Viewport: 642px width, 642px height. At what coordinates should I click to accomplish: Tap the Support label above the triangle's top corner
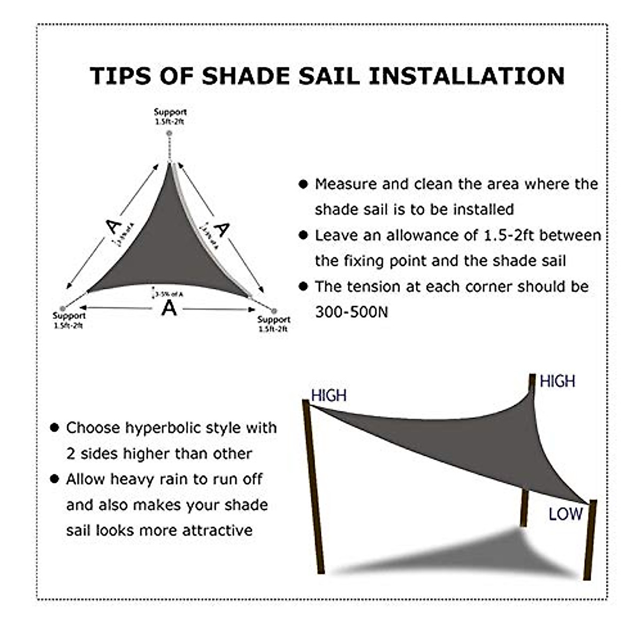tap(170, 112)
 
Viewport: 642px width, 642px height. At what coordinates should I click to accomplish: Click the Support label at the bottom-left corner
tap(69, 316)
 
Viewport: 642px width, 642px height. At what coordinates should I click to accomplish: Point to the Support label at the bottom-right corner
tap(273, 319)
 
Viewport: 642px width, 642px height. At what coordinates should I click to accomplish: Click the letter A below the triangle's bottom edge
tap(169, 308)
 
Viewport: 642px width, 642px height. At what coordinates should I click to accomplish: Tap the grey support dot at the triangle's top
tap(170, 132)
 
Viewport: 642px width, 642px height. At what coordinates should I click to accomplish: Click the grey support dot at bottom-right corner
tap(274, 310)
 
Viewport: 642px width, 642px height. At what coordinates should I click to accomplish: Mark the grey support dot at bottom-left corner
tap(63, 309)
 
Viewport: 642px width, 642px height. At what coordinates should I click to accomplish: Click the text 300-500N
tap(351, 312)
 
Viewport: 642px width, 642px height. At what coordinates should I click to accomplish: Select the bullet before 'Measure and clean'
tap(303, 184)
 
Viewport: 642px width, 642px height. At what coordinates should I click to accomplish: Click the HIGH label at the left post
tap(328, 395)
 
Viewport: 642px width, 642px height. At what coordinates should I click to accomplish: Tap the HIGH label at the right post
tap(557, 381)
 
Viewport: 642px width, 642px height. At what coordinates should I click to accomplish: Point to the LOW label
tap(565, 514)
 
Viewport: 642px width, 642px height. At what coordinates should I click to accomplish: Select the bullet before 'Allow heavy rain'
tap(54, 479)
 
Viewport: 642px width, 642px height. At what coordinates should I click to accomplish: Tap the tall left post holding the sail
tap(314, 487)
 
